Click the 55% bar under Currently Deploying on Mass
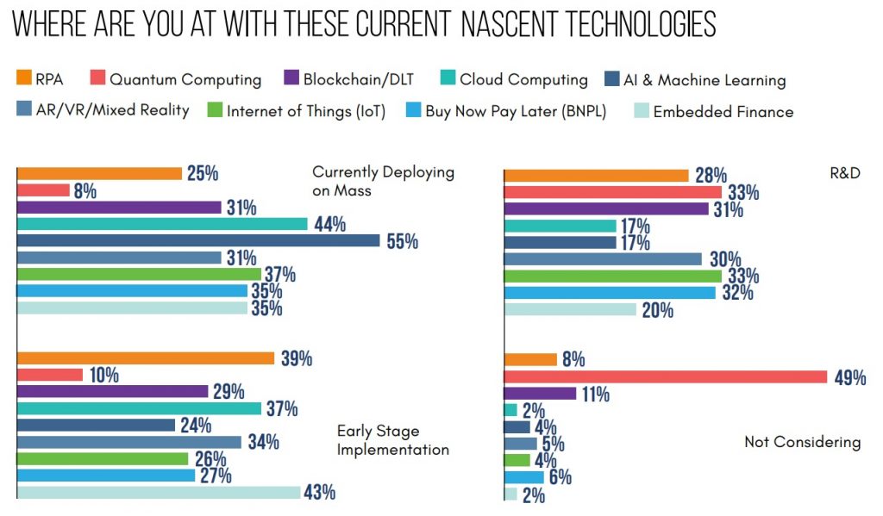(198, 241)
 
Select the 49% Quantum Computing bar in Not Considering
(665, 376)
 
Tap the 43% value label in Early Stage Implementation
(318, 493)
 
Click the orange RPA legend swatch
(23, 79)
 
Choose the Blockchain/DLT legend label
(359, 80)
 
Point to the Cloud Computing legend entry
(523, 80)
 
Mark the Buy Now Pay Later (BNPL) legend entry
(516, 111)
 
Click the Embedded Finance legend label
(723, 111)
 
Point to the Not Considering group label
(802, 442)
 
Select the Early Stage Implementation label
(392, 439)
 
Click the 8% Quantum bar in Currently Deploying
(44, 190)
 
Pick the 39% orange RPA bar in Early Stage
(146, 358)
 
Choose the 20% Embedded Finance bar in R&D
(570, 309)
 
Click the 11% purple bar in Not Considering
(540, 394)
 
